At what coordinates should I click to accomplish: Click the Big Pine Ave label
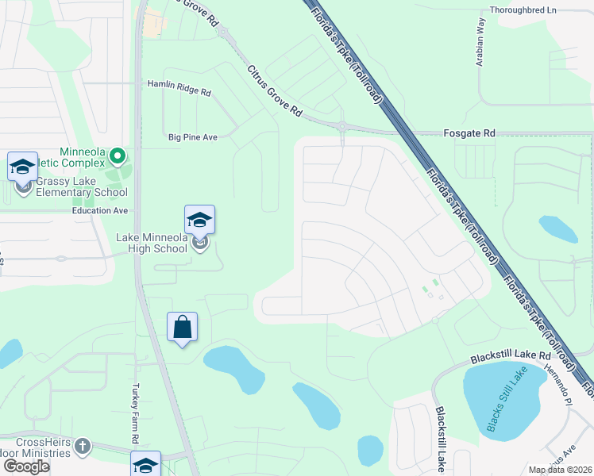(192, 137)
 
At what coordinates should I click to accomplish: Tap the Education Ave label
(100, 211)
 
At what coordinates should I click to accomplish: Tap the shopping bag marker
(183, 328)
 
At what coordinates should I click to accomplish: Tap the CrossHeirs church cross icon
(83, 446)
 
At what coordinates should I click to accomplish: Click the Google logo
(26, 466)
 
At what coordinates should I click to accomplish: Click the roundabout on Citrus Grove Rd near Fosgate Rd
(342, 125)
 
